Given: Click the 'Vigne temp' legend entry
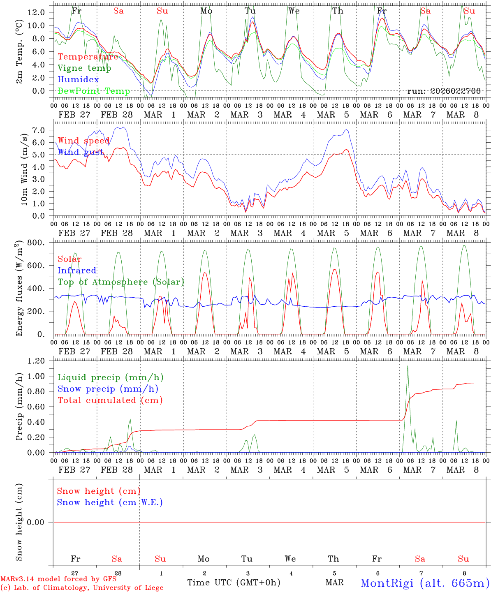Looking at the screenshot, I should click(x=84, y=68).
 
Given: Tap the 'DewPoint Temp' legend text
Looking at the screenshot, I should click(x=94, y=91).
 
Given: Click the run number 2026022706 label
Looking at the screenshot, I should click(x=444, y=91).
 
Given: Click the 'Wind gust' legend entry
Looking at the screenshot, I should click(x=81, y=152).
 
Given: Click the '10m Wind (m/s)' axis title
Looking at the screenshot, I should click(x=24, y=169).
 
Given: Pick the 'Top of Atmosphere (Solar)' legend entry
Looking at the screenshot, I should click(x=121, y=282).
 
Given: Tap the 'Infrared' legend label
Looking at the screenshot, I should click(x=77, y=271).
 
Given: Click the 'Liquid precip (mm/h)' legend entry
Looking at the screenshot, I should click(x=111, y=377).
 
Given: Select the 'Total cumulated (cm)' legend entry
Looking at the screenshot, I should click(x=110, y=400).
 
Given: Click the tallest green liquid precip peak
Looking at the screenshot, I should click(x=408, y=367).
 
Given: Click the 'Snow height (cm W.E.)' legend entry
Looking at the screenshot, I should click(x=110, y=502).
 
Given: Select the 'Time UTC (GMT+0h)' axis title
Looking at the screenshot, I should click(x=234, y=583).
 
